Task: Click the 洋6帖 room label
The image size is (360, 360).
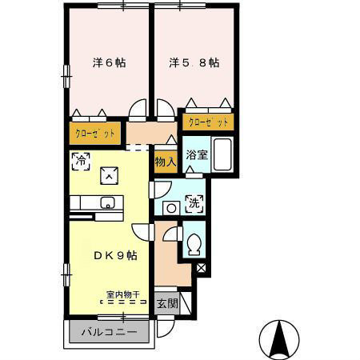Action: click(x=110, y=63)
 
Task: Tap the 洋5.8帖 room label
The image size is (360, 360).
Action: click(x=194, y=63)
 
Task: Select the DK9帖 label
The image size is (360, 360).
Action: click(x=115, y=256)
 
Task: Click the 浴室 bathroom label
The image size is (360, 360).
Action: click(x=197, y=154)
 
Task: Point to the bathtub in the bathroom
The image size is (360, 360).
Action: click(x=222, y=154)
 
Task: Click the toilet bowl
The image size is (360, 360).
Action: click(x=194, y=245)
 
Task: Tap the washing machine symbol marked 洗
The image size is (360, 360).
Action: click(x=194, y=204)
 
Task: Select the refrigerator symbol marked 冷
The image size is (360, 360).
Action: click(x=81, y=161)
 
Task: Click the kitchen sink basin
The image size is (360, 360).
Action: click(x=108, y=203)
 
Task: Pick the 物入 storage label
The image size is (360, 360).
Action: click(x=166, y=162)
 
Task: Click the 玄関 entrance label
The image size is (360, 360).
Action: click(x=167, y=303)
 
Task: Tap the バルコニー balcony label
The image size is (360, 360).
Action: click(x=109, y=332)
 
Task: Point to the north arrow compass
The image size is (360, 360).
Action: click(x=279, y=340)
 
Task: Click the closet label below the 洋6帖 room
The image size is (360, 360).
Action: click(x=95, y=134)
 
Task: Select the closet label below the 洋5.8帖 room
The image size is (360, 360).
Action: click(x=208, y=122)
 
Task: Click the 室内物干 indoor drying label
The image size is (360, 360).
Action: click(x=123, y=294)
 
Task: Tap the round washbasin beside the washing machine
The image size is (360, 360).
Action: click(x=171, y=208)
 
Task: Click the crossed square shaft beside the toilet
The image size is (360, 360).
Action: click(x=201, y=268)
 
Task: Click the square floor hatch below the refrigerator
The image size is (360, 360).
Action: click(x=109, y=175)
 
